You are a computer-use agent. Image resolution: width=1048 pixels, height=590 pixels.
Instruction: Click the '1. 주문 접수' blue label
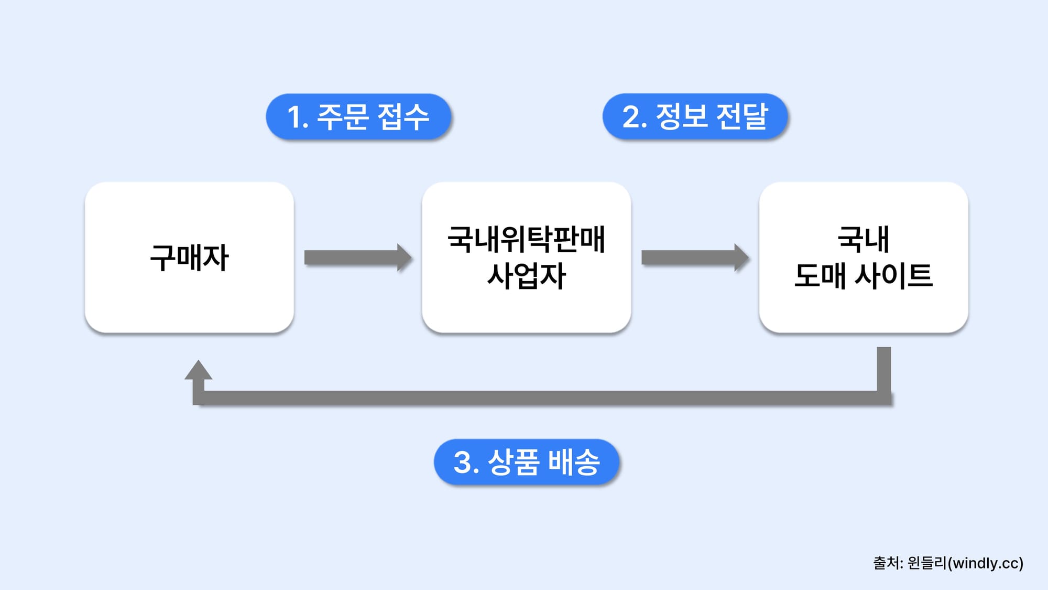358,116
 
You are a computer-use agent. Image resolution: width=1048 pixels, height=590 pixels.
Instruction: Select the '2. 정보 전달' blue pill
695,116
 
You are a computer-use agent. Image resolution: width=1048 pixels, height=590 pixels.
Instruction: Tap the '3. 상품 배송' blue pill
526,462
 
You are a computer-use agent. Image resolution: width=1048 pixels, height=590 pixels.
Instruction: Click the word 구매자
189,258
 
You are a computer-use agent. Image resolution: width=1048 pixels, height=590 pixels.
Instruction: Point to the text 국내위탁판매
526,240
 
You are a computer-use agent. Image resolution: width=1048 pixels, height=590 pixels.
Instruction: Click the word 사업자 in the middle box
526,276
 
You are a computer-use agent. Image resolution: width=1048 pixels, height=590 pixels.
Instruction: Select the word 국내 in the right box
863,240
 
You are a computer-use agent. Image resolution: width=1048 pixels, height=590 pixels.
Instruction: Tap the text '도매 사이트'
863,276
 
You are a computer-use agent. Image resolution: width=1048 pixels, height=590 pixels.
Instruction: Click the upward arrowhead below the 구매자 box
198,371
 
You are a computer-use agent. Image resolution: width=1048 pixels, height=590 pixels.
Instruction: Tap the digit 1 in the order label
294,117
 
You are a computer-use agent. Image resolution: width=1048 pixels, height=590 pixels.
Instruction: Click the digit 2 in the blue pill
631,117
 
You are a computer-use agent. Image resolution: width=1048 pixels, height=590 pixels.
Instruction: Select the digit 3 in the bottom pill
463,463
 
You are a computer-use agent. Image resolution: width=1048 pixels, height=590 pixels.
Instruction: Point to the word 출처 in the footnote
886,563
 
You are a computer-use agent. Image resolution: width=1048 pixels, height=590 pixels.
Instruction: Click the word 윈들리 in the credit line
927,563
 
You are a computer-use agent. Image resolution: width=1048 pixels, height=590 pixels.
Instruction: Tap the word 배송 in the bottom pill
573,462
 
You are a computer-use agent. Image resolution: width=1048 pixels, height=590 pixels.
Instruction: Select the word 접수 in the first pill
403,116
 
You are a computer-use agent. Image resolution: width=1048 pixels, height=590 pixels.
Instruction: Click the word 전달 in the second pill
741,116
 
